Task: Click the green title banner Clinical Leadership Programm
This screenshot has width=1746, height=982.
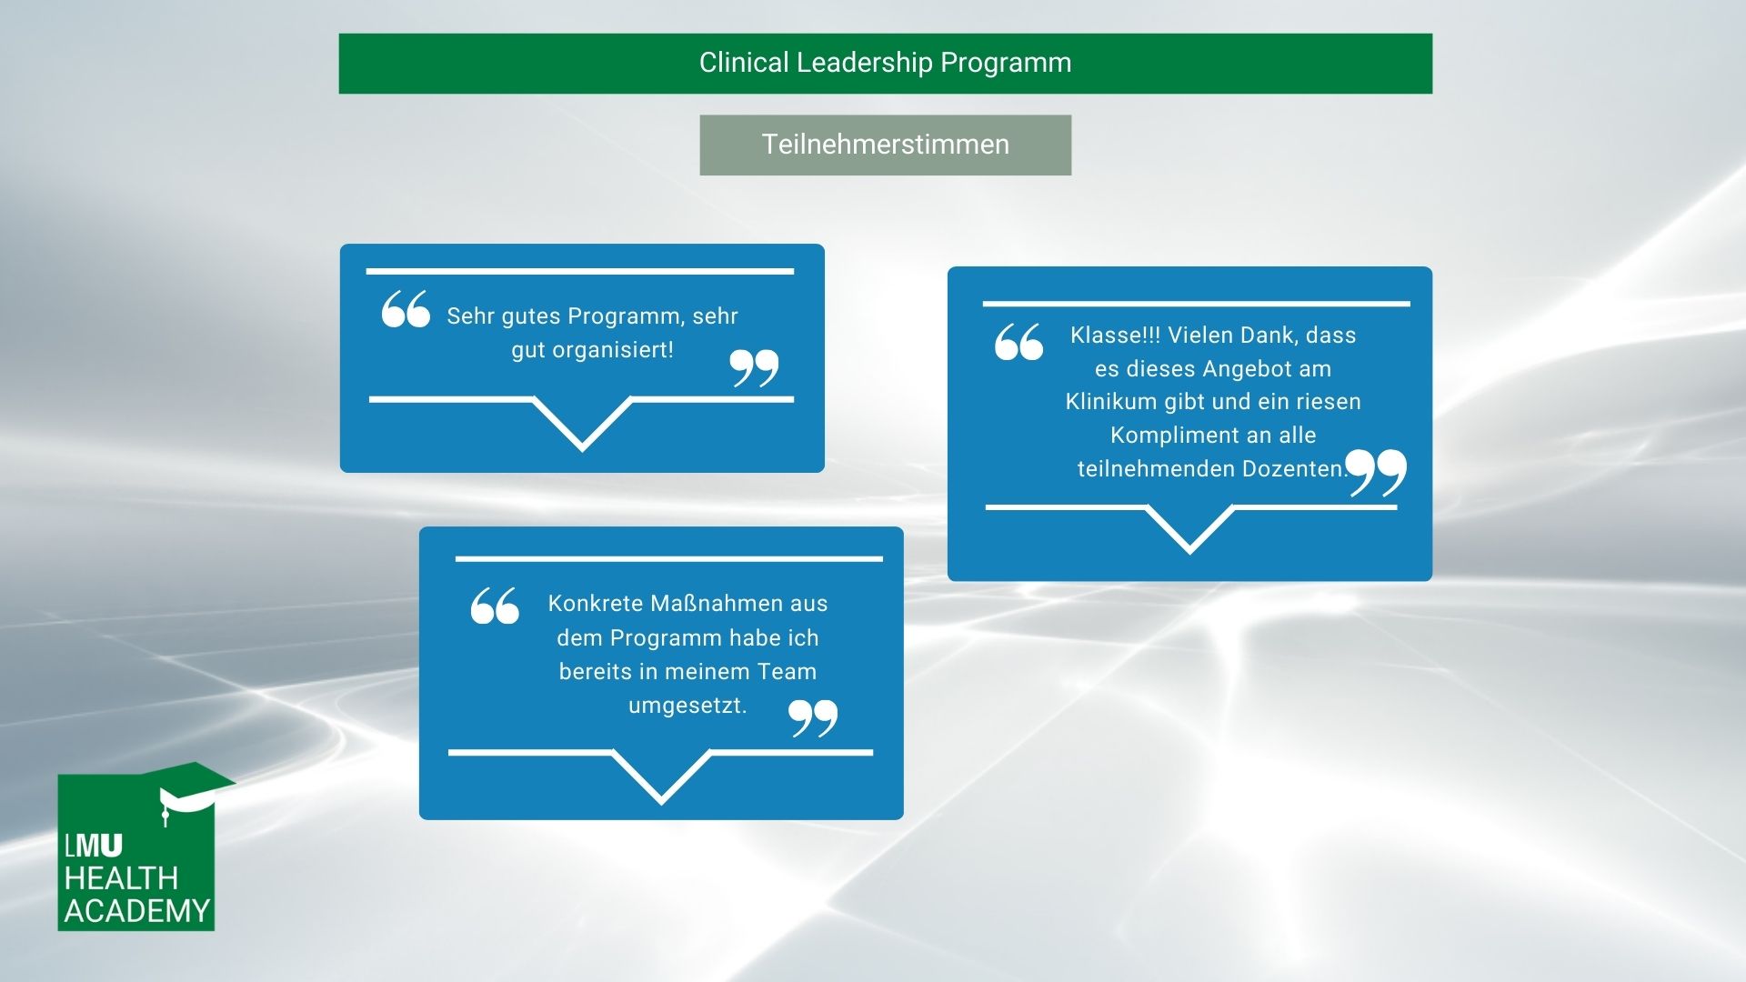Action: pos(885,64)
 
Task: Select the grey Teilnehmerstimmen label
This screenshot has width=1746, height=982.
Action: pos(885,145)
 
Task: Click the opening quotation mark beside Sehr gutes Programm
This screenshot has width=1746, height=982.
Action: pos(406,308)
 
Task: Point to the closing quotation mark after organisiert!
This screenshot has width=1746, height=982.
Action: pos(755,367)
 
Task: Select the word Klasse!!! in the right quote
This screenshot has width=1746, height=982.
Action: pos(1115,335)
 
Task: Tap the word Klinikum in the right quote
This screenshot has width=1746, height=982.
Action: pos(1110,401)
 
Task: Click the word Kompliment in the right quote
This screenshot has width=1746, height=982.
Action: pos(1174,435)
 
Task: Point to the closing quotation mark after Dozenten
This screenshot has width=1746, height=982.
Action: pos(1376,472)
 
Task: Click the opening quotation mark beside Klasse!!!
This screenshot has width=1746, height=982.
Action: pos(1018,342)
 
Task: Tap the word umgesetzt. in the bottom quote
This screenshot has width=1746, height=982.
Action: pos(687,706)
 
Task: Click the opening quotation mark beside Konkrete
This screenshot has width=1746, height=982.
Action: pos(495,606)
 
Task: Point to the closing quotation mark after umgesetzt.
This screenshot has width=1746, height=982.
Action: pos(813,718)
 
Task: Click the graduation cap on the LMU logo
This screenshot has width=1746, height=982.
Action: pos(195,787)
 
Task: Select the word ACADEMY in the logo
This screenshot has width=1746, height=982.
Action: pos(137,911)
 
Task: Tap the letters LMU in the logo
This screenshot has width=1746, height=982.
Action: pos(94,846)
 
